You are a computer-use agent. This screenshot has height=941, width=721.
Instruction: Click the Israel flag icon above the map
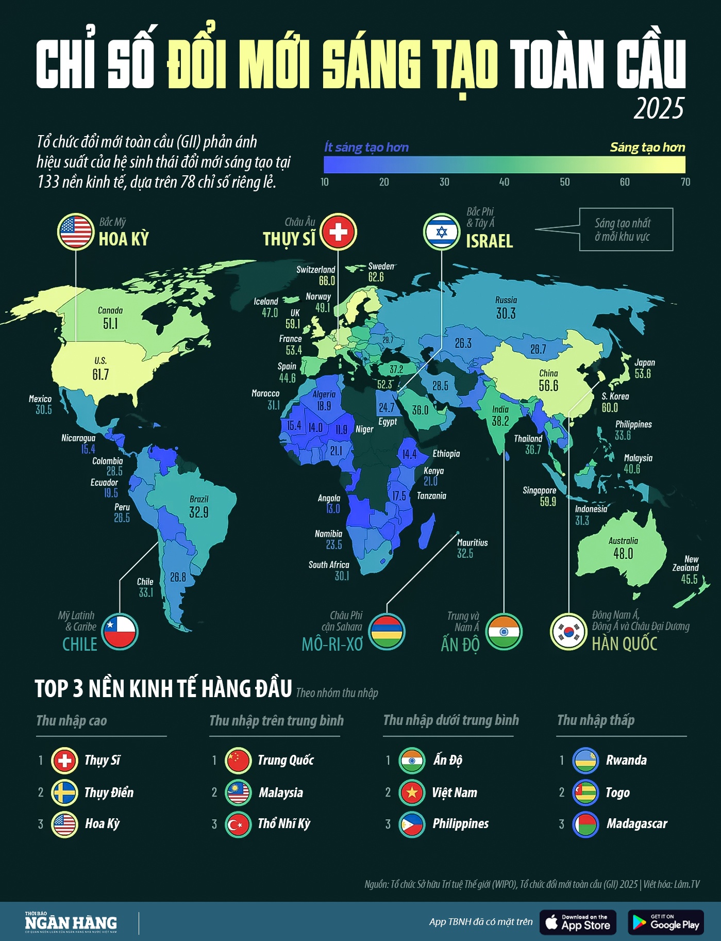pyautogui.click(x=442, y=232)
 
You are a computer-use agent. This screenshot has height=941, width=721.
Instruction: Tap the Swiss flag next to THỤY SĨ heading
pyautogui.click(x=338, y=232)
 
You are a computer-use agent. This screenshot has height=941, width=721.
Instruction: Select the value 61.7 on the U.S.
pyautogui.click(x=101, y=374)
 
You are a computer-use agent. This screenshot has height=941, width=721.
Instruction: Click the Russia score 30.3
pyautogui.click(x=506, y=313)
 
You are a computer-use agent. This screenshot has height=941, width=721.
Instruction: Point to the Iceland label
pyautogui.click(x=266, y=302)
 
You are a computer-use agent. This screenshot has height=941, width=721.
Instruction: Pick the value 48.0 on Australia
pyautogui.click(x=623, y=554)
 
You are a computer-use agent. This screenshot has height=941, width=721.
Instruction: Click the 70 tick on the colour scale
pyautogui.click(x=685, y=182)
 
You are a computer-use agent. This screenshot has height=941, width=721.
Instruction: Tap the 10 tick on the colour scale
pyautogui.click(x=325, y=182)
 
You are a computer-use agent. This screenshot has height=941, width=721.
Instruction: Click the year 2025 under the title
pyautogui.click(x=659, y=108)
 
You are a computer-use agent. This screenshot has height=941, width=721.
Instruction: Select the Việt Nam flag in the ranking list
pyautogui.click(x=412, y=793)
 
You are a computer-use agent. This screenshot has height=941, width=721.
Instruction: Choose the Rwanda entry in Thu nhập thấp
pyautogui.click(x=626, y=761)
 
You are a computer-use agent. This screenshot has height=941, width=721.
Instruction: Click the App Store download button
pyautogui.click(x=578, y=923)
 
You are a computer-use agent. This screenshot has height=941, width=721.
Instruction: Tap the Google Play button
pyautogui.click(x=665, y=923)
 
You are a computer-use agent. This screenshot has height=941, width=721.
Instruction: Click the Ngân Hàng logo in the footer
pyautogui.click(x=71, y=923)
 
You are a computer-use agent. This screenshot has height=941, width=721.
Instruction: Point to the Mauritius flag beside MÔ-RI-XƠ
pyautogui.click(x=387, y=632)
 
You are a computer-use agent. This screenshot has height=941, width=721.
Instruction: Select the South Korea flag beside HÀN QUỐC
pyautogui.click(x=569, y=632)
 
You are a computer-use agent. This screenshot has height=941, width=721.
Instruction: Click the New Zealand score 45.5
pyautogui.click(x=689, y=580)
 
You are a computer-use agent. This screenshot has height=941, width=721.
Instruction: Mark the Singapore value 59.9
pyautogui.click(x=548, y=502)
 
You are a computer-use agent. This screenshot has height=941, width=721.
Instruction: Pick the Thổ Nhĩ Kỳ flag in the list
pyautogui.click(x=238, y=824)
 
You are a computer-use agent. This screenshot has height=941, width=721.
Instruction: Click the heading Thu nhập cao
pyautogui.click(x=72, y=721)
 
